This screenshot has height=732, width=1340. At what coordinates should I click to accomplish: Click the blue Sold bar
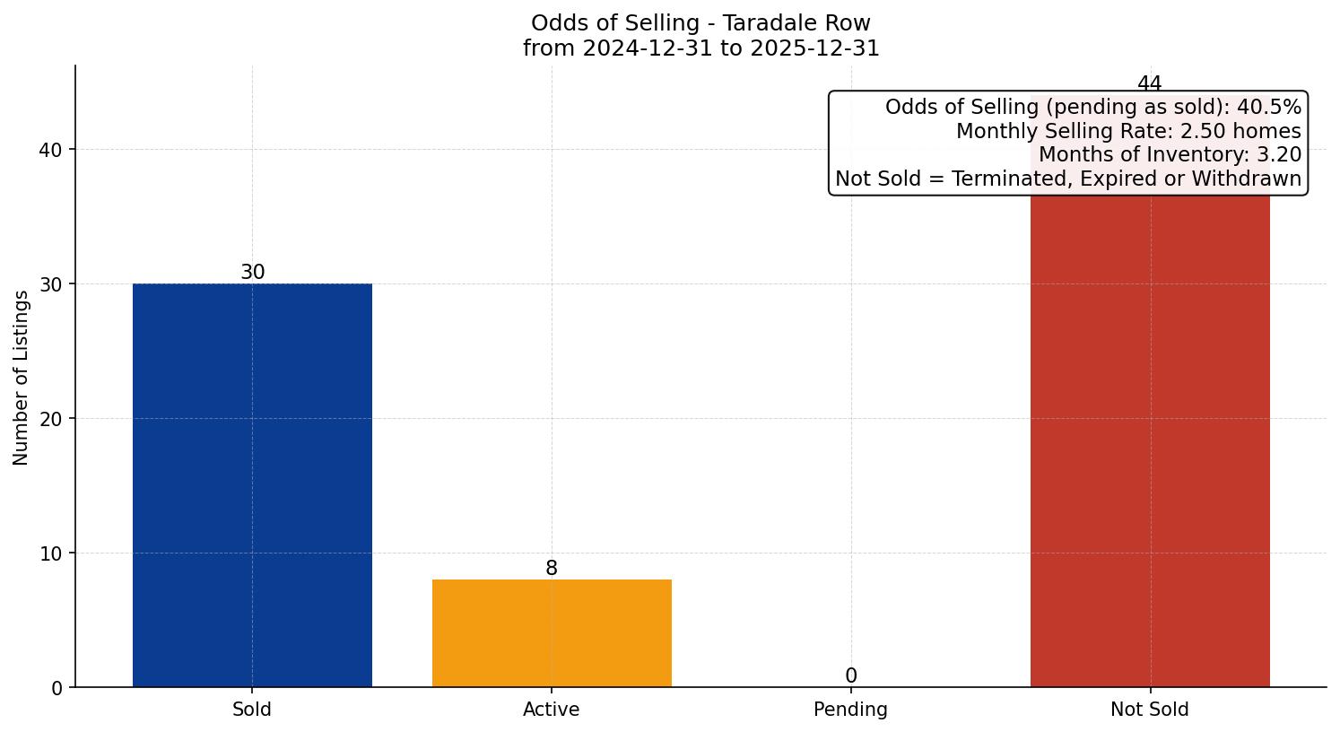point(252,484)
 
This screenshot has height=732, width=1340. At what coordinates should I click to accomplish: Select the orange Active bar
point(552,632)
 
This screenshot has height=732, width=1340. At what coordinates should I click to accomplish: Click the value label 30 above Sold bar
point(253,272)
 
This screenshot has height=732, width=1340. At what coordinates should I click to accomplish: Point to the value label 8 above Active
point(552,568)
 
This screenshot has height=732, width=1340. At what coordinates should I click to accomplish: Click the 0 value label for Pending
point(851,675)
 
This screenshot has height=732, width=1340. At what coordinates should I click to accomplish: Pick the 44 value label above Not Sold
point(1150,84)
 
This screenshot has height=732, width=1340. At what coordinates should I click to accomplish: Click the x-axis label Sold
point(252,710)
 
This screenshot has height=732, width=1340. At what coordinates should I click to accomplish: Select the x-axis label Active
point(552,710)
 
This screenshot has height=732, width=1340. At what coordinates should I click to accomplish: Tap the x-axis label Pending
point(851,710)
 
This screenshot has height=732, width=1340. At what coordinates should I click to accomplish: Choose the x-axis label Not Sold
point(1150,710)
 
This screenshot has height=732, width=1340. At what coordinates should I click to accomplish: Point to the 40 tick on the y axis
point(51,150)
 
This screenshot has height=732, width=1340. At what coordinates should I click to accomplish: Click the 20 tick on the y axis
point(51,419)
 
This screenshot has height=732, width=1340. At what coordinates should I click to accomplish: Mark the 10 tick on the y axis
point(51,553)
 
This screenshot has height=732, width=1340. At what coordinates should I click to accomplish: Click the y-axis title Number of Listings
point(22,378)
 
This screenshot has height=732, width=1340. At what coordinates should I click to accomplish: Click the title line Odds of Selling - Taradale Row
point(700,23)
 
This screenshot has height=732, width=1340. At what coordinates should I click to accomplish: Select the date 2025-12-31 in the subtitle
point(817,48)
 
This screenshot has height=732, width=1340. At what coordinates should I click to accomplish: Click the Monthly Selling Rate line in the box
point(1128,131)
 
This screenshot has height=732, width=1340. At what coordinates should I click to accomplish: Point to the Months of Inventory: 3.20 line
point(1170,154)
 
